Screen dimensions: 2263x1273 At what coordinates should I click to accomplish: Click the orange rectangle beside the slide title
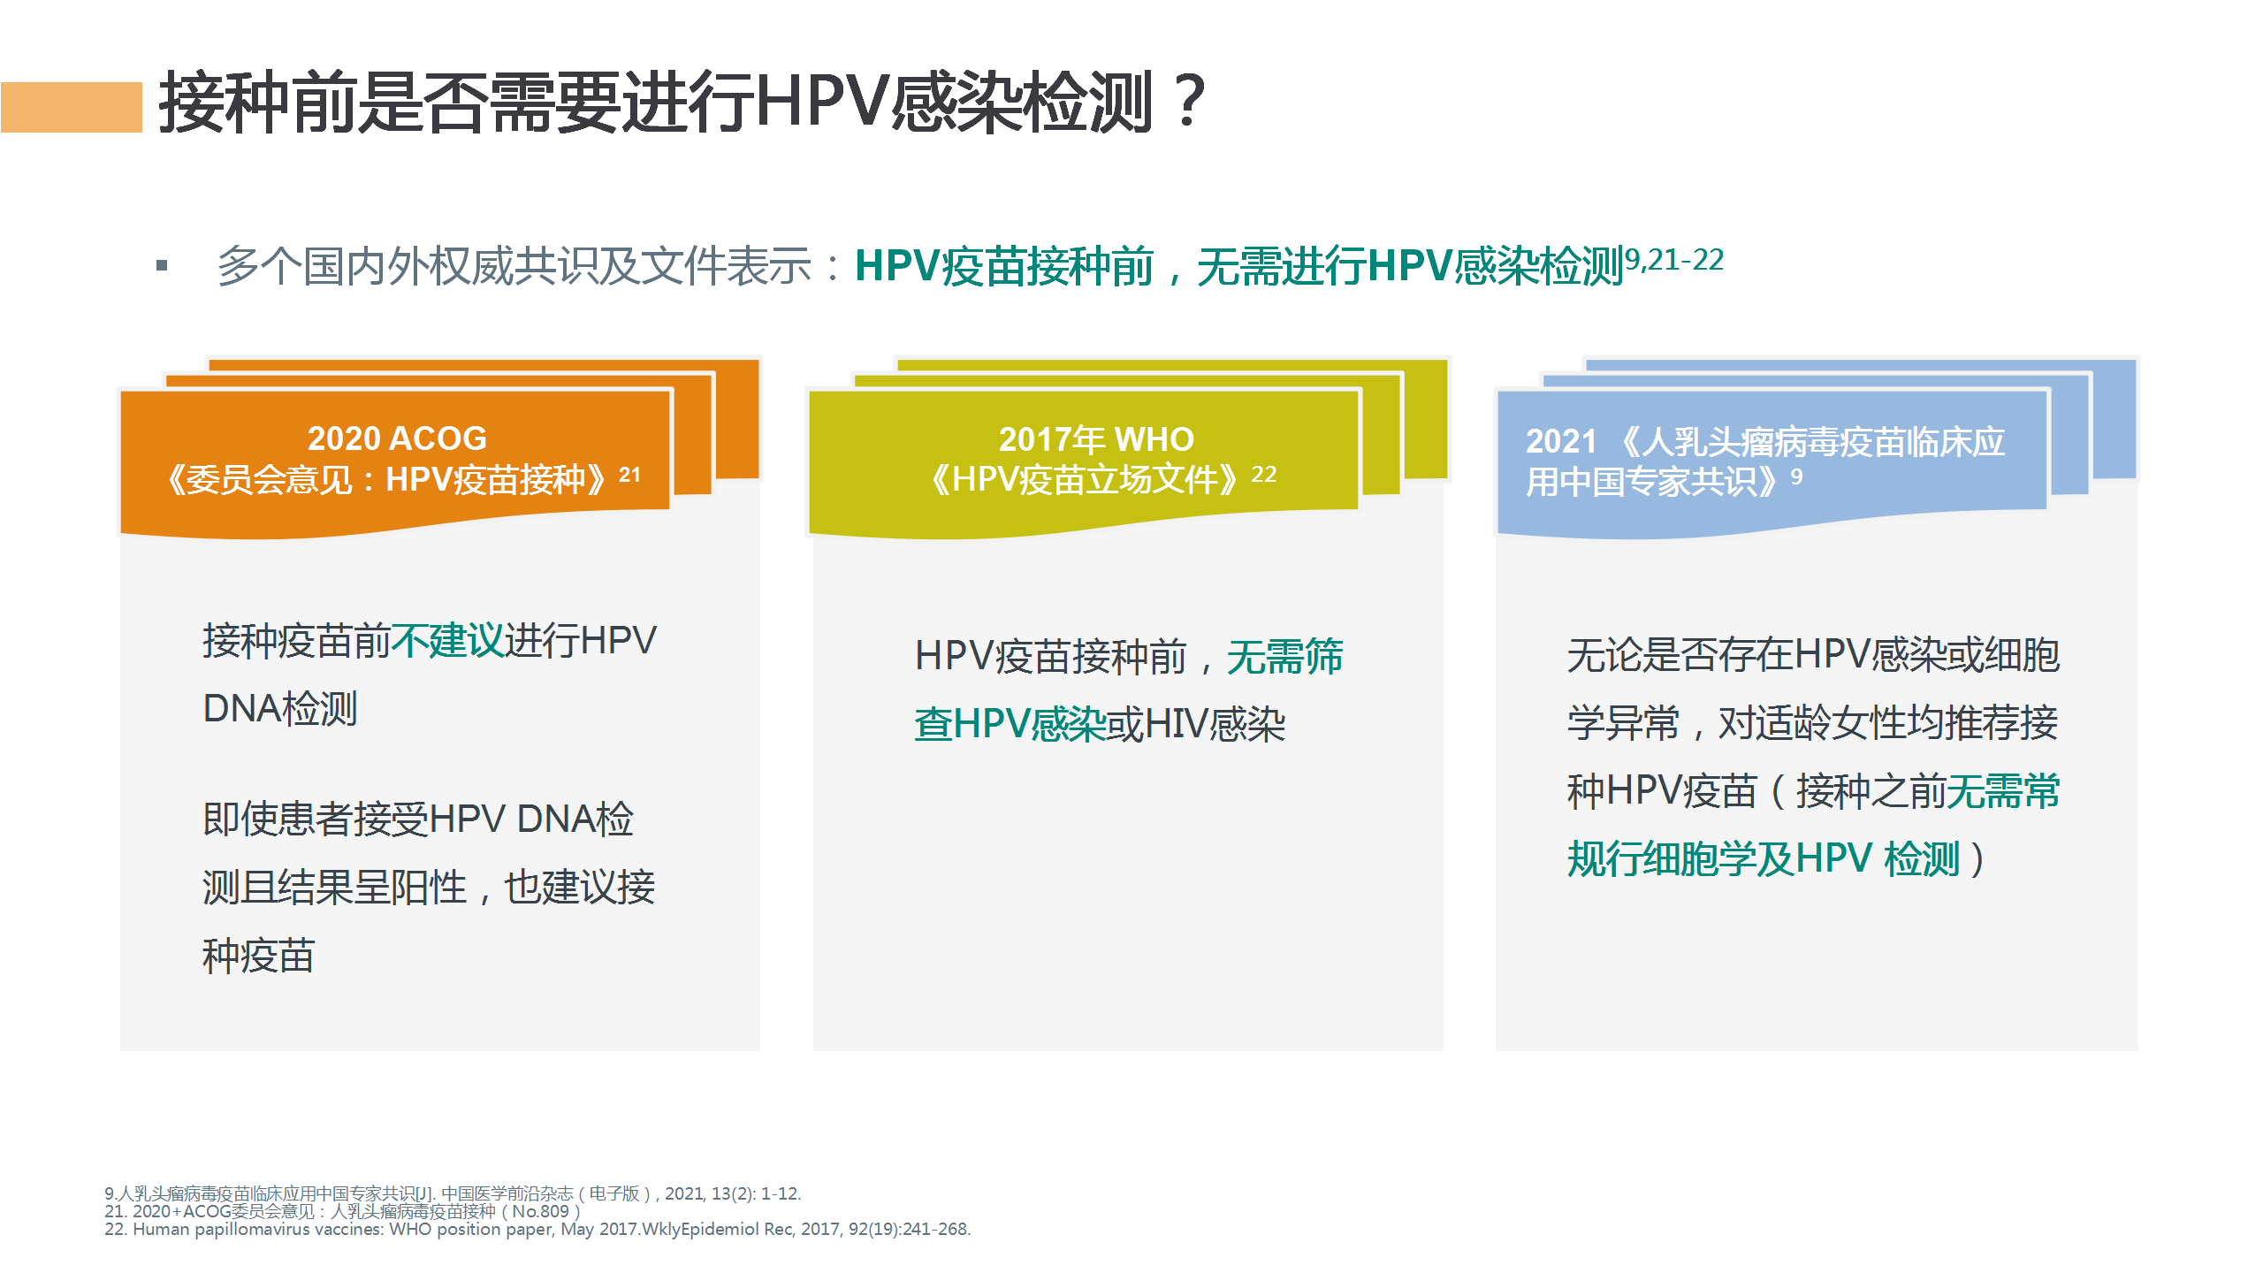pyautogui.click(x=72, y=107)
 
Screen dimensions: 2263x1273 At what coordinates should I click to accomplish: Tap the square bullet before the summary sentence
pyautogui.click(x=162, y=265)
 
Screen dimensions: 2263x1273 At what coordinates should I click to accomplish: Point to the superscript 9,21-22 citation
pyautogui.click(x=1674, y=259)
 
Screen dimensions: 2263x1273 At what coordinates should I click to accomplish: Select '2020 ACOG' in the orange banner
pyautogui.click(x=397, y=438)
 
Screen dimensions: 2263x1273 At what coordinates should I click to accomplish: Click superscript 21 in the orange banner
pyautogui.click(x=629, y=475)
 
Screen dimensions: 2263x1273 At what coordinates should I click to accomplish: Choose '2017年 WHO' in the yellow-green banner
pyautogui.click(x=1096, y=439)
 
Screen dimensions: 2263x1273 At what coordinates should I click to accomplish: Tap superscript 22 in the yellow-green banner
pyautogui.click(x=1264, y=475)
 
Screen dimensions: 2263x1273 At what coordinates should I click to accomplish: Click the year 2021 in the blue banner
pyautogui.click(x=1561, y=441)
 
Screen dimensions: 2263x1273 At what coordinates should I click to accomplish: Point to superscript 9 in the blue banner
pyautogui.click(x=1796, y=476)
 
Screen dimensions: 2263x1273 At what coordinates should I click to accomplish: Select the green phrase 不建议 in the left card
pyautogui.click(x=447, y=640)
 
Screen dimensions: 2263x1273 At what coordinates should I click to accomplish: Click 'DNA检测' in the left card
pyautogui.click(x=280, y=708)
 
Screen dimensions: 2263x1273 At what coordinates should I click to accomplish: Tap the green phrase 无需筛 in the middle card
pyautogui.click(x=1284, y=657)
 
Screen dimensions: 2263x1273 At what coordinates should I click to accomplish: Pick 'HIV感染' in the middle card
pyautogui.click(x=1215, y=725)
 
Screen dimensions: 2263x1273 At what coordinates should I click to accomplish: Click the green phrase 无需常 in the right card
pyautogui.click(x=2003, y=790)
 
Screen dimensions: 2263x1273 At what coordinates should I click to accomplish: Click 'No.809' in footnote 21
pyautogui.click(x=540, y=1211)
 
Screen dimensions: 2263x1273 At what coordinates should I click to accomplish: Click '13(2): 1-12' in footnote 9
pyautogui.click(x=756, y=1193)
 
